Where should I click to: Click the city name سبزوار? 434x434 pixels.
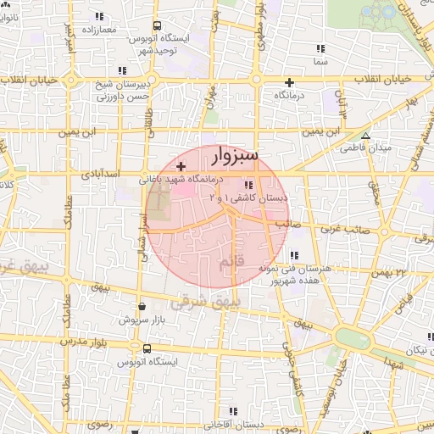point(231,157)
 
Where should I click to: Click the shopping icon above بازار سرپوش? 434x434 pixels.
point(142,308)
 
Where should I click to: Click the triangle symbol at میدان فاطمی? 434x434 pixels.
point(366,136)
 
